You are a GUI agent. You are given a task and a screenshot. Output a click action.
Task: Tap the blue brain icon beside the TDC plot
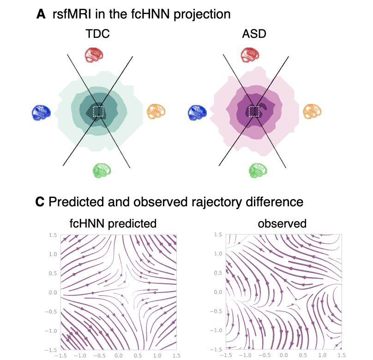(41, 112)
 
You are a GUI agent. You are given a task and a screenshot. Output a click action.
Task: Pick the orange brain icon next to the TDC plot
(156, 111)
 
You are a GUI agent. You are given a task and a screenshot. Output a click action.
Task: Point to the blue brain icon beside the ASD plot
(197, 112)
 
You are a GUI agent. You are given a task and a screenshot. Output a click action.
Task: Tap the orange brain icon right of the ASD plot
(313, 111)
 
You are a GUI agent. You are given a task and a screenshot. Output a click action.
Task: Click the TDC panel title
(97, 35)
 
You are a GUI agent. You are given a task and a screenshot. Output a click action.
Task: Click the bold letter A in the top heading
(42, 14)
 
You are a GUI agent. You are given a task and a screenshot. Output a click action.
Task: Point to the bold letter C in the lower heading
(41, 202)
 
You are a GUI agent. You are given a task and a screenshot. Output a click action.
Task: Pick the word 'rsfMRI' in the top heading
(68, 14)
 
